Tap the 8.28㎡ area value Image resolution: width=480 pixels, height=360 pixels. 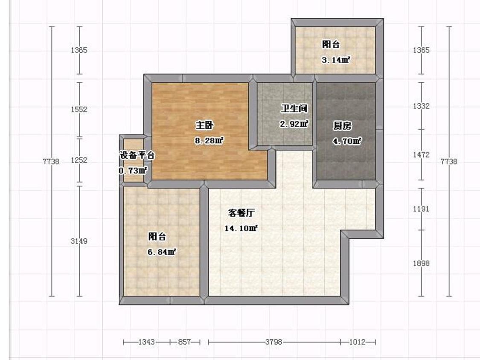(209, 140)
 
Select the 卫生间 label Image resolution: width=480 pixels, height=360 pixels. (294, 109)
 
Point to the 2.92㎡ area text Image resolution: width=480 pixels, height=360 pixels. (294, 124)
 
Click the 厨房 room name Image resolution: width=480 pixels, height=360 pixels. (342, 126)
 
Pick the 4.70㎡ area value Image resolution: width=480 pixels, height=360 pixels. (347, 141)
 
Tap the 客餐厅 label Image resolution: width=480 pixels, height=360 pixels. (241, 213)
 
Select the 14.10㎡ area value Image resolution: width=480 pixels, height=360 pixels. (241, 228)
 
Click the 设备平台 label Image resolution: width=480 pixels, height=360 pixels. (137, 155)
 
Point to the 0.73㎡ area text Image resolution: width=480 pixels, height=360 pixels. (133, 171)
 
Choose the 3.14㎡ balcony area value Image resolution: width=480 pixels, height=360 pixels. (336, 60)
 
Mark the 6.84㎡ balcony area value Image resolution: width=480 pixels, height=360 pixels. (162, 252)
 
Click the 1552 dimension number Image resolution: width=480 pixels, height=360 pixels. (79, 109)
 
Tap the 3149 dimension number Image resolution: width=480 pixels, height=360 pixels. (79, 241)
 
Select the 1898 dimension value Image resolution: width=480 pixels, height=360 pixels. (421, 263)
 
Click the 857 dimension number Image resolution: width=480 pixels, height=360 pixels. (184, 342)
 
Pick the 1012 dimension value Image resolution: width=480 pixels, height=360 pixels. (357, 342)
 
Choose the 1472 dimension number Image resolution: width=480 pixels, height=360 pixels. (421, 155)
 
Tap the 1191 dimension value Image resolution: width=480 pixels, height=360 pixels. (421, 209)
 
